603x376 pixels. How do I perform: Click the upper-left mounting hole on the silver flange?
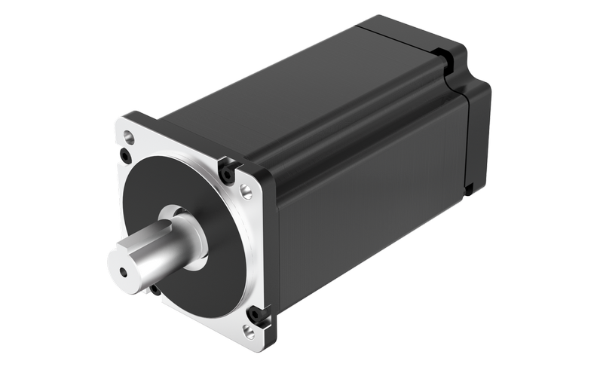tap(129, 138)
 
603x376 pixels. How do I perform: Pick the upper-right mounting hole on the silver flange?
tap(246, 191)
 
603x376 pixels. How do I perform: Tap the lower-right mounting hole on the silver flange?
tap(249, 329)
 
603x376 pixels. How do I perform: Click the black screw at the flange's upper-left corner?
tap(124, 157)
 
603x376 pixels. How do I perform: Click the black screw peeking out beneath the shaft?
tap(155, 289)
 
